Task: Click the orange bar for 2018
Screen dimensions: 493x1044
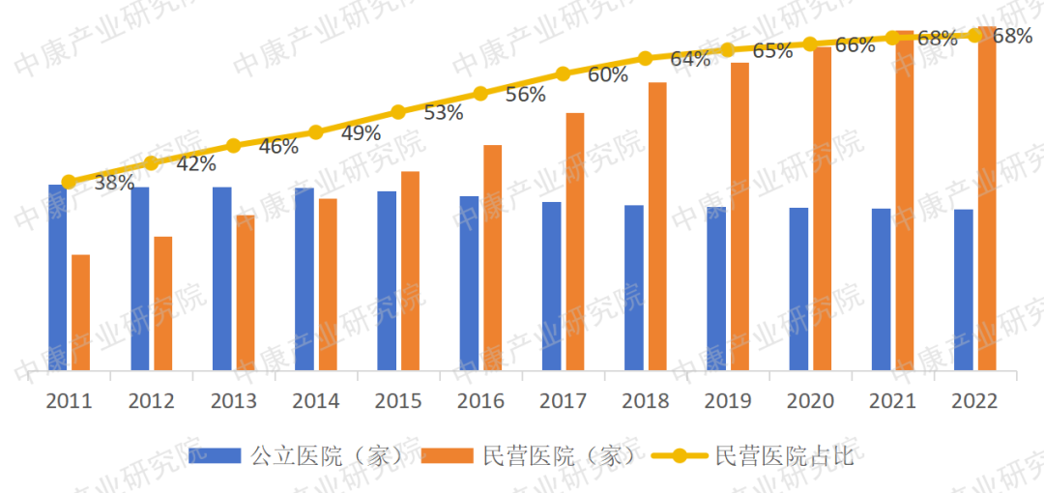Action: pos(657,226)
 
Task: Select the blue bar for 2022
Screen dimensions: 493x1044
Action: pos(963,289)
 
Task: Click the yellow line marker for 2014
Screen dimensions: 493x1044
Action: pos(315,132)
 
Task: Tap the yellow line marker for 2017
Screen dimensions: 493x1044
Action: pos(563,73)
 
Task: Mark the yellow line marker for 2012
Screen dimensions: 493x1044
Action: pos(151,163)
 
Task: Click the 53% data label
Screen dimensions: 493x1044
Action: pos(444,113)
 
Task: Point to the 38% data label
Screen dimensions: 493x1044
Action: pos(114,182)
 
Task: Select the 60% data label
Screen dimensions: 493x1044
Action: pos(608,75)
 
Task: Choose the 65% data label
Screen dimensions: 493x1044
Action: pos(772,51)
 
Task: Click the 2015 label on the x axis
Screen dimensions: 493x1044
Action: pos(398,401)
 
